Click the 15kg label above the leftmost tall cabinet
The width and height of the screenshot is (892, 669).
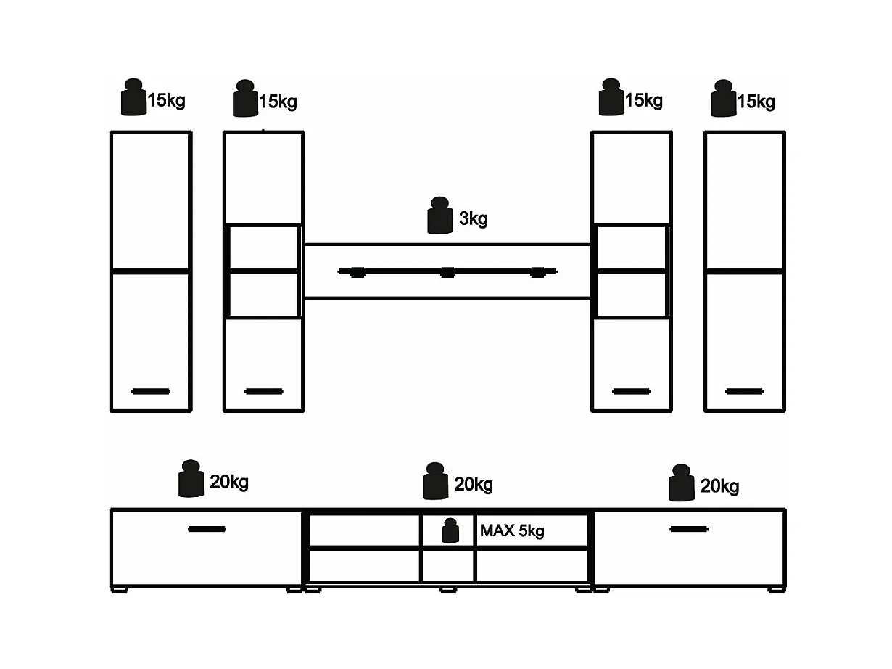166,100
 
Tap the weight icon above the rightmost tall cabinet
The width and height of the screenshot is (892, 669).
723,99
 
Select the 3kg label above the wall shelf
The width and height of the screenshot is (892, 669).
473,218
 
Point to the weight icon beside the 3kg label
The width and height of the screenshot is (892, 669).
440,216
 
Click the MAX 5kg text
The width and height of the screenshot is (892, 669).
512,531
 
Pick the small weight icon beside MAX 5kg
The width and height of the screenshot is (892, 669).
450,530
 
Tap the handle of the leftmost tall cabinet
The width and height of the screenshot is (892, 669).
151,391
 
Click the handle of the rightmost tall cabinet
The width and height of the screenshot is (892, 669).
744,391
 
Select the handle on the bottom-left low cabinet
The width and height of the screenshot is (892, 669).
207,529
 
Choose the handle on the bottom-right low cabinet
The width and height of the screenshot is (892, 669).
688,529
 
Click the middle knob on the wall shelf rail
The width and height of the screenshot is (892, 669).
447,272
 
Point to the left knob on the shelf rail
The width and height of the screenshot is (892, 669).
357,272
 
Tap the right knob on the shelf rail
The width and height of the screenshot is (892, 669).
537,272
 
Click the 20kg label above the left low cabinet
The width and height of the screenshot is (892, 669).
229,482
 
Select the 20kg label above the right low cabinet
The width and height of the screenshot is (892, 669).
719,486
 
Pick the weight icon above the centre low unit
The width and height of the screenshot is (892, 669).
434,481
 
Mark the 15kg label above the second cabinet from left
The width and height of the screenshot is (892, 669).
278,102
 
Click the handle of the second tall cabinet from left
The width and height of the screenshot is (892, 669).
264,391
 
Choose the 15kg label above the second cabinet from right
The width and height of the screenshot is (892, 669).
643,100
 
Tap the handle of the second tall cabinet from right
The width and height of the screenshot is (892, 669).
632,391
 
